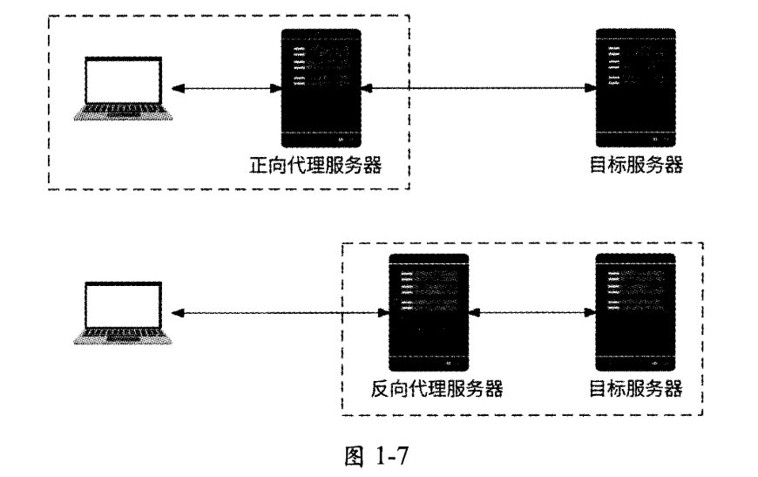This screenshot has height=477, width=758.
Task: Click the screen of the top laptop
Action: point(122,80)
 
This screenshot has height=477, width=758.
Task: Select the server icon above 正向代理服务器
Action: point(321,87)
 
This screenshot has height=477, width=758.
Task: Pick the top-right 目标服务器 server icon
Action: point(635,87)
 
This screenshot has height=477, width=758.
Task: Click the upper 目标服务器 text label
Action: point(635,165)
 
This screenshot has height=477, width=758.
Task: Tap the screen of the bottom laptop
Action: point(122,304)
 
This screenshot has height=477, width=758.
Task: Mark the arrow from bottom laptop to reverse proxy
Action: point(279,312)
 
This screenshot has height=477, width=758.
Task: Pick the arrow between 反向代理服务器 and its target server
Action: point(531,312)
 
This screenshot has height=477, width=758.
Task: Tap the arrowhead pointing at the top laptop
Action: point(177,88)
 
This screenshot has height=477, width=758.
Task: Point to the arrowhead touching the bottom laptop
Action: point(177,312)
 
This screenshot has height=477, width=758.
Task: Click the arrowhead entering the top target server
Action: point(589,88)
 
